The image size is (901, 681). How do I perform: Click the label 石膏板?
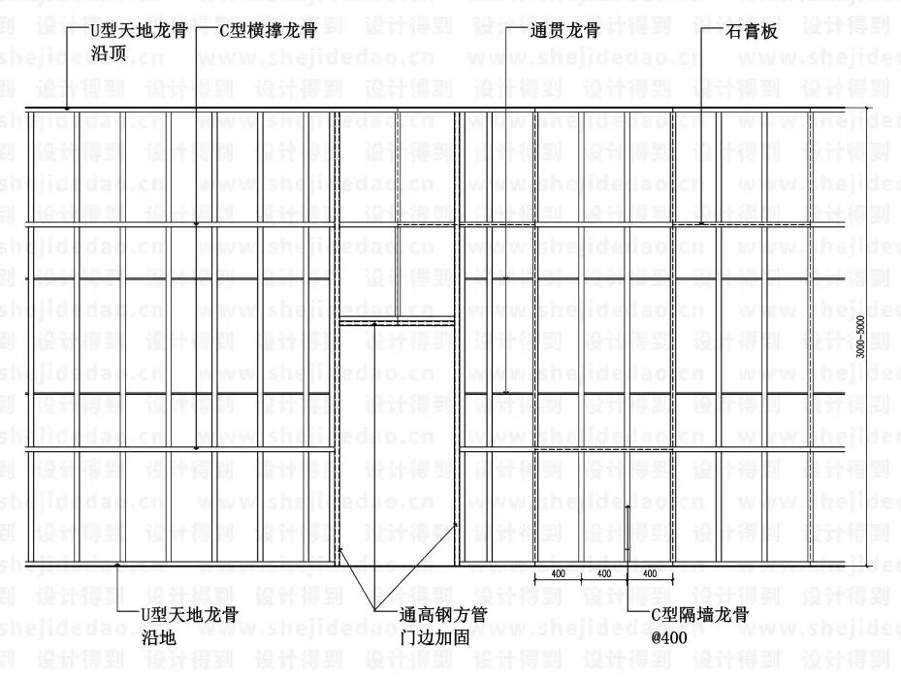(x=752, y=32)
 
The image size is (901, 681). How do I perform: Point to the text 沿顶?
(x=109, y=53)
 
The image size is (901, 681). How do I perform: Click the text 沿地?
(x=158, y=636)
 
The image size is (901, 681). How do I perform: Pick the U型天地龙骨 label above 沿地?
(x=189, y=614)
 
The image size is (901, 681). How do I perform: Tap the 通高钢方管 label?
(x=443, y=615)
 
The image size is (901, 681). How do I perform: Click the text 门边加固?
(x=435, y=637)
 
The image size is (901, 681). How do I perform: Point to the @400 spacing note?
(x=668, y=637)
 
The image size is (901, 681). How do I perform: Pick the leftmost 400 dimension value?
(x=558, y=573)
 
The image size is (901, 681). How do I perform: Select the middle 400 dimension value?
(x=603, y=573)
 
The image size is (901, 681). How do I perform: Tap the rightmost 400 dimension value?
(x=650, y=573)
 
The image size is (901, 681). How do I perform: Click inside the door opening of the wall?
(x=398, y=446)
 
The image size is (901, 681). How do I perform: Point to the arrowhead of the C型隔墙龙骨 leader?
(x=627, y=506)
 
